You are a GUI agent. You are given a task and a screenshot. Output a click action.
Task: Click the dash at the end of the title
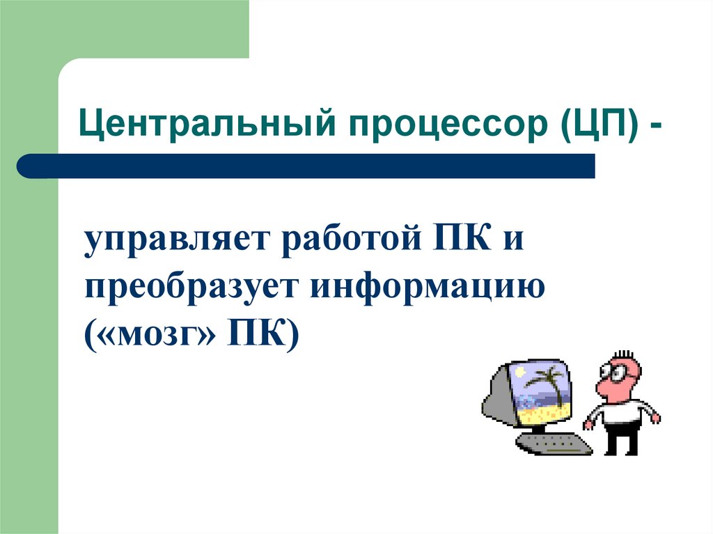tap(656, 129)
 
